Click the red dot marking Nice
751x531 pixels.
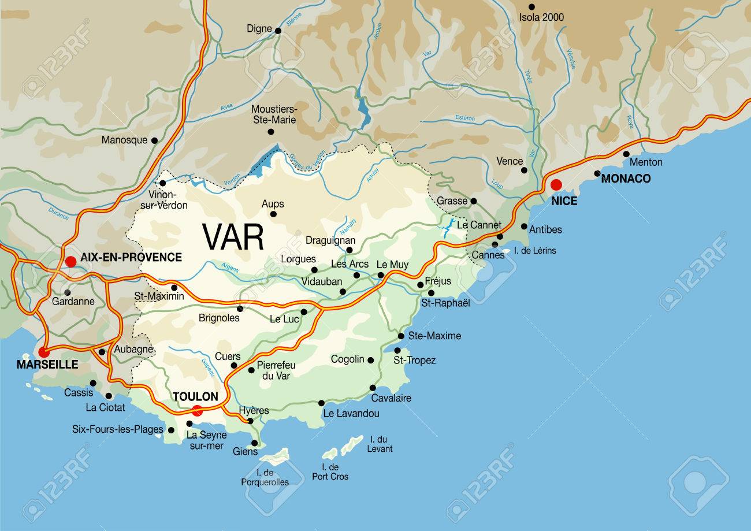(x=556, y=185)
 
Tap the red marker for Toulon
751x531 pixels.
(x=197, y=411)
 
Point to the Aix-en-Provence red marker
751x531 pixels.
(x=70, y=262)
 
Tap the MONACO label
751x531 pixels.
(x=626, y=179)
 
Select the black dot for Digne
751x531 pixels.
(x=278, y=31)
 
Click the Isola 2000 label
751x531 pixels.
(x=541, y=17)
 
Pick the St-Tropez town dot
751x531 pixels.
(x=397, y=350)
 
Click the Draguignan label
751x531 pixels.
(x=330, y=240)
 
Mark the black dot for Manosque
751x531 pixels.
(x=154, y=140)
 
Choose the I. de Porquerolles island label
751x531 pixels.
(x=265, y=477)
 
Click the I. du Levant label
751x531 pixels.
(x=380, y=444)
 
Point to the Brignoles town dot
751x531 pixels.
(x=240, y=309)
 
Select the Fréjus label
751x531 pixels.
(x=437, y=281)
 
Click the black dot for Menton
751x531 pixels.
(x=626, y=154)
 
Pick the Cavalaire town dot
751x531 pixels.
(x=373, y=388)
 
